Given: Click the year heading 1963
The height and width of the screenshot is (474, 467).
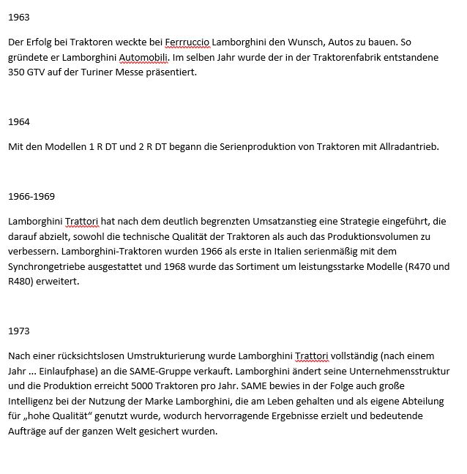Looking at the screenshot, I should point(19,17).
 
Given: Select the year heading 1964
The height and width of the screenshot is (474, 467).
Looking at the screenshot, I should point(19,121).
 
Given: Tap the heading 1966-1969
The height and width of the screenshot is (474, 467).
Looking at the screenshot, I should point(31,196).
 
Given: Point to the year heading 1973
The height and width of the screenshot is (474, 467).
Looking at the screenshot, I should point(19,331).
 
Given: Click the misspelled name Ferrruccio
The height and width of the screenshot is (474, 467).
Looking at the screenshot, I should point(187,42).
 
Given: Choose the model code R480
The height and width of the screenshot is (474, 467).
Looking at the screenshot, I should point(22,281).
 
